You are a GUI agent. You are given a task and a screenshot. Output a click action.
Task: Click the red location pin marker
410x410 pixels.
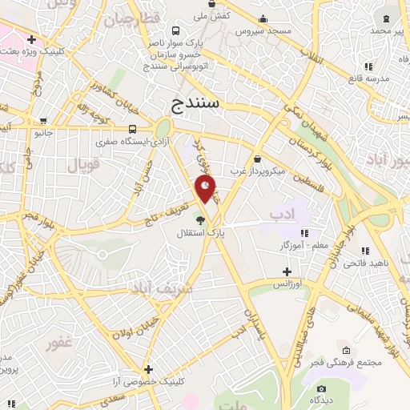pos(206,189)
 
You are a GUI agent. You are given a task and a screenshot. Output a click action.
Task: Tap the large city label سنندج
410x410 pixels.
pos(196,104)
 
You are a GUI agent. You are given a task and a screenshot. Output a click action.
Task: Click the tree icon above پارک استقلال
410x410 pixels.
pos(200,221)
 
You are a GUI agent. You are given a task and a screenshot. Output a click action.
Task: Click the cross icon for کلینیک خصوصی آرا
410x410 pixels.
pos(148,369)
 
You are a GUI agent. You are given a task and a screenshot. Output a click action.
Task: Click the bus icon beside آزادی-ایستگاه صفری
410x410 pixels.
pos(132,129)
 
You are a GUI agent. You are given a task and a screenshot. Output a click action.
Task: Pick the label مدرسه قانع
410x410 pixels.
pos(368,78)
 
